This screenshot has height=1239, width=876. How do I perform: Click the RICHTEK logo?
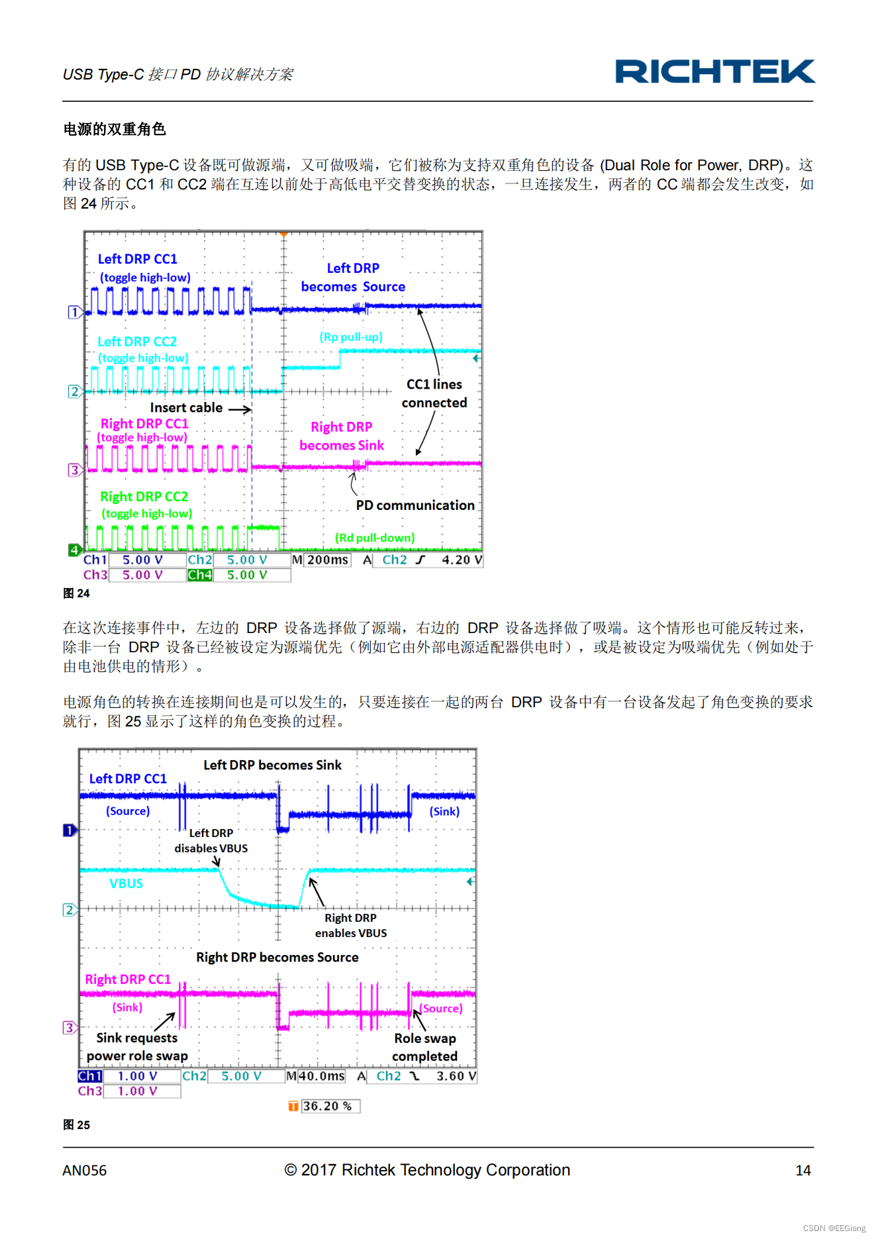[714, 72]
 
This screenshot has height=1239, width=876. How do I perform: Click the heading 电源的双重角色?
[115, 129]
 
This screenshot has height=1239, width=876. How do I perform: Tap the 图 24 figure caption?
[76, 593]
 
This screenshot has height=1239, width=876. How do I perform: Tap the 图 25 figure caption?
[76, 1124]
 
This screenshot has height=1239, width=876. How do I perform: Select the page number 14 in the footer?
[803, 1170]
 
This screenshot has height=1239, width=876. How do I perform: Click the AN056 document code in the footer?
[84, 1170]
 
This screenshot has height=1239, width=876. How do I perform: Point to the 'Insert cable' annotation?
[186, 408]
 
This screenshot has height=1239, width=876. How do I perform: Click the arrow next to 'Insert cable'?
[240, 409]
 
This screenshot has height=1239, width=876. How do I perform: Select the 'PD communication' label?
[414, 505]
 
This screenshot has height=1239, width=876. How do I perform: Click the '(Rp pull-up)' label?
[351, 337]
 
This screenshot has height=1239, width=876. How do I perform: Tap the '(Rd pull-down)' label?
[375, 538]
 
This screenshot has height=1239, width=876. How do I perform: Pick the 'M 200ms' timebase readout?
[321, 560]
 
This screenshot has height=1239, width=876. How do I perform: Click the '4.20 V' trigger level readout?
[462, 560]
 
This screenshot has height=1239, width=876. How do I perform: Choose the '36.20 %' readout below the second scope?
[326, 1106]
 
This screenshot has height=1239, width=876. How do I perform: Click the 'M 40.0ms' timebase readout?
[316, 1076]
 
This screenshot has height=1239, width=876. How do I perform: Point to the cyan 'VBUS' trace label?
[126, 883]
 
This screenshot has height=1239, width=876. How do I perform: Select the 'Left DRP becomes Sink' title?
[272, 765]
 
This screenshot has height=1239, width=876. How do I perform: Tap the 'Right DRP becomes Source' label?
[277, 957]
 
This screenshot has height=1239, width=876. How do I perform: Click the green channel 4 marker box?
[74, 550]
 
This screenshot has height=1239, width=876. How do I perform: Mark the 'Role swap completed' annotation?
[424, 1047]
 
